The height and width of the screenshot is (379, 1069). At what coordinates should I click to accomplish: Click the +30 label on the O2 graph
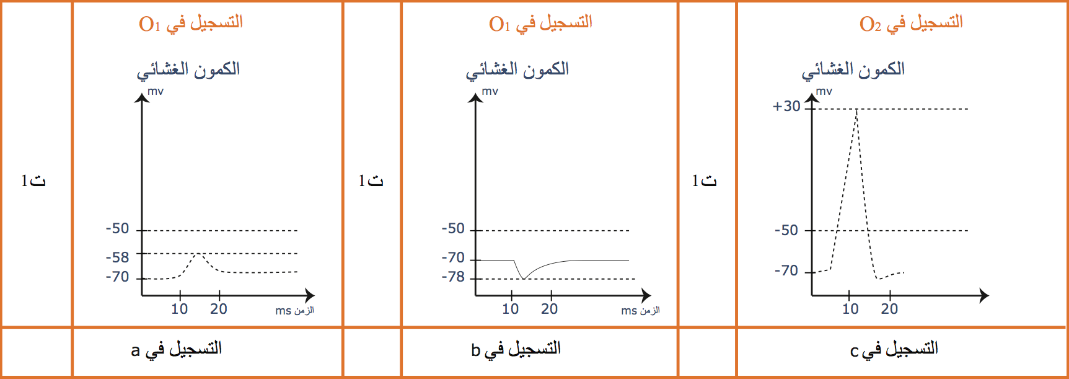[786, 106]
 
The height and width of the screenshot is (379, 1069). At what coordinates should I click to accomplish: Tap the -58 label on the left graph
[117, 257]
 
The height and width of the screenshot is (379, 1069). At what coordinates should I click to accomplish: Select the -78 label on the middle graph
[453, 277]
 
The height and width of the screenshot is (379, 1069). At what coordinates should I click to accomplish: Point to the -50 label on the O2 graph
[786, 230]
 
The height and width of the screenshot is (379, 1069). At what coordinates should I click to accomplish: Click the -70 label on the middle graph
[453, 257]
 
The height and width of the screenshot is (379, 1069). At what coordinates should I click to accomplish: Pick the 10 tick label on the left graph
[179, 309]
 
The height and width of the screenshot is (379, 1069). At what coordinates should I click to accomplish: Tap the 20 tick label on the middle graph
[549, 309]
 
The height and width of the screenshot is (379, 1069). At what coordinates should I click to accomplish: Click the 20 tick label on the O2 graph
[889, 309]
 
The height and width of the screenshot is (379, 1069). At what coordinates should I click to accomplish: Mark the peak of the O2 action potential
[857, 109]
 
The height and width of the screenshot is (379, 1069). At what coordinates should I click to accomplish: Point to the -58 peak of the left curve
[198, 254]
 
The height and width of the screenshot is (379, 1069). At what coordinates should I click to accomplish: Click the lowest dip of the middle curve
[524, 279]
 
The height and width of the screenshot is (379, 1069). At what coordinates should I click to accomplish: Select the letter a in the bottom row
[135, 351]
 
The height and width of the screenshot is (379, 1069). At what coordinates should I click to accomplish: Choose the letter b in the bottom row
[475, 350]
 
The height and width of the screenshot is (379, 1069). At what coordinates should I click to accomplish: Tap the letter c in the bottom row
[854, 352]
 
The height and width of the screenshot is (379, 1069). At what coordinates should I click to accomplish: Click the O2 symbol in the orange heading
[870, 24]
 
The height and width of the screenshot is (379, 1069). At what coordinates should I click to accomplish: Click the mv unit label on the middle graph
[490, 91]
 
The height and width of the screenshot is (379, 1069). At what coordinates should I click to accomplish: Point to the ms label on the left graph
[283, 311]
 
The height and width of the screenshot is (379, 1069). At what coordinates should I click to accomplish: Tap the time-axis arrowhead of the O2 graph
[984, 295]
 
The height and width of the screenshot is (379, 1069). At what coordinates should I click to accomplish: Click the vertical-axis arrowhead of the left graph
[142, 97]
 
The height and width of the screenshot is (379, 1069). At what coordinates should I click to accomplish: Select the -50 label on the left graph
[117, 228]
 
